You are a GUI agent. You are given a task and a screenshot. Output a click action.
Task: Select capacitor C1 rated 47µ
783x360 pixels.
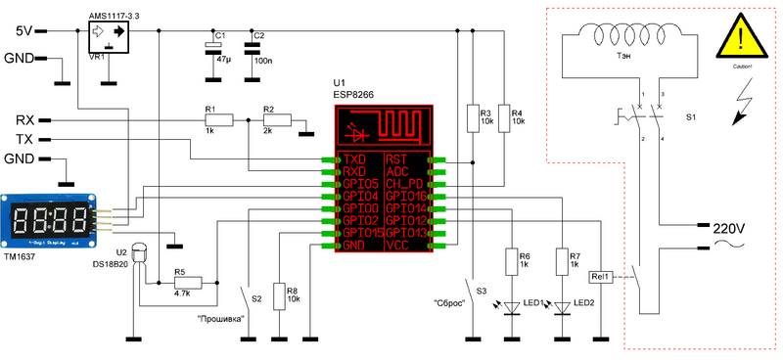(x=210, y=48)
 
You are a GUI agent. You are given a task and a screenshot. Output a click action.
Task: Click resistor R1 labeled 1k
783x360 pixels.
(x=219, y=120)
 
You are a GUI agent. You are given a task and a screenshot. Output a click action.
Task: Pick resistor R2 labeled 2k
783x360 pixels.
(x=277, y=120)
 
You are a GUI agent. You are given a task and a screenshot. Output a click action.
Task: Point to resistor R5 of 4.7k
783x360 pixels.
(x=187, y=283)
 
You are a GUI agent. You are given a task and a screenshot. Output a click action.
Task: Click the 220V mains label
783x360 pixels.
(x=728, y=228)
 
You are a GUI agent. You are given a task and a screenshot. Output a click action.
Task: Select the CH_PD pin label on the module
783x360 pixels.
(x=404, y=183)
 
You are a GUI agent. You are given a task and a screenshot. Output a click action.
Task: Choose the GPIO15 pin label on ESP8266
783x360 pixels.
(x=359, y=234)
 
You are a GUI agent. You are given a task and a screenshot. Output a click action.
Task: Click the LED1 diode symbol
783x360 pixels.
(x=510, y=307)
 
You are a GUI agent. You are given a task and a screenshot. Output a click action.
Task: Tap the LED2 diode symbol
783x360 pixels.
(x=562, y=307)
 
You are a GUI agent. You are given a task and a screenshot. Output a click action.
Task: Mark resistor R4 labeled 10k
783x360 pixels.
(x=503, y=118)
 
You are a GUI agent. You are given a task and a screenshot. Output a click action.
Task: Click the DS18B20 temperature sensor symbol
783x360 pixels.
(x=138, y=254)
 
